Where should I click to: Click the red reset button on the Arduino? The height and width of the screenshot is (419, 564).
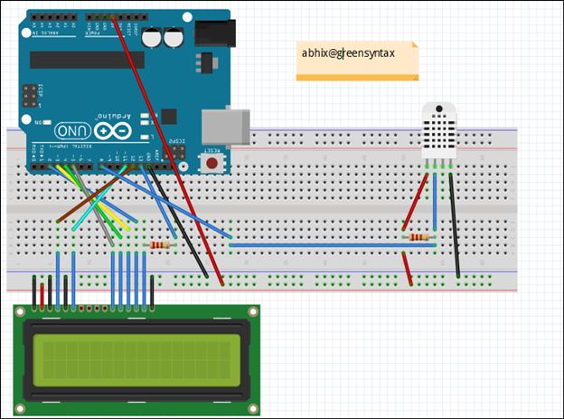click(x=211, y=164)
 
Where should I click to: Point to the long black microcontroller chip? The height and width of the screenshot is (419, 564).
click(x=87, y=60)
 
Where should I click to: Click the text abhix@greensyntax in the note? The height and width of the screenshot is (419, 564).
click(x=348, y=53)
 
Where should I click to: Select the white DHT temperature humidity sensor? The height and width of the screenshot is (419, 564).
click(x=439, y=131)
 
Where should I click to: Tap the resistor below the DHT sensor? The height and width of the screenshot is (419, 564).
click(x=419, y=238)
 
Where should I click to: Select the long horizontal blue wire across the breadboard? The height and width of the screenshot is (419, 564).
click(x=325, y=244)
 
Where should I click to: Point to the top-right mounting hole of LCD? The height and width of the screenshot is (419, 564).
click(x=251, y=314)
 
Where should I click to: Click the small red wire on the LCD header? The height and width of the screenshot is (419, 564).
click(x=51, y=291)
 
